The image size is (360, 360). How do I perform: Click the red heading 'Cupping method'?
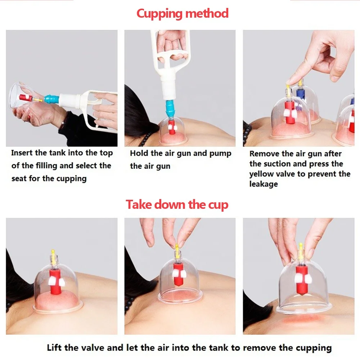pos(182,14)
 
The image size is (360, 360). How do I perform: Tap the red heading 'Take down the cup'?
pos(177,205)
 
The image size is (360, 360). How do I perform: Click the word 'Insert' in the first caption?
pos(22,153)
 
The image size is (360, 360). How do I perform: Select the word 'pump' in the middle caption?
pos(220,153)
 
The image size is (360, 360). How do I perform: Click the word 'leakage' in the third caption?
pos(264,184)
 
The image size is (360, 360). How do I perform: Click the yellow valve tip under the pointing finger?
pos(288,87)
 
